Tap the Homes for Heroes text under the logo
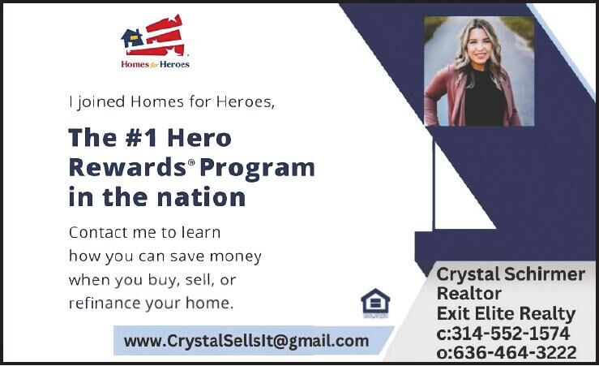[x=155, y=63]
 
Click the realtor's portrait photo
[x=479, y=71]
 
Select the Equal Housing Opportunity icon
[x=375, y=304]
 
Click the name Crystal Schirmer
[x=510, y=274]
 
